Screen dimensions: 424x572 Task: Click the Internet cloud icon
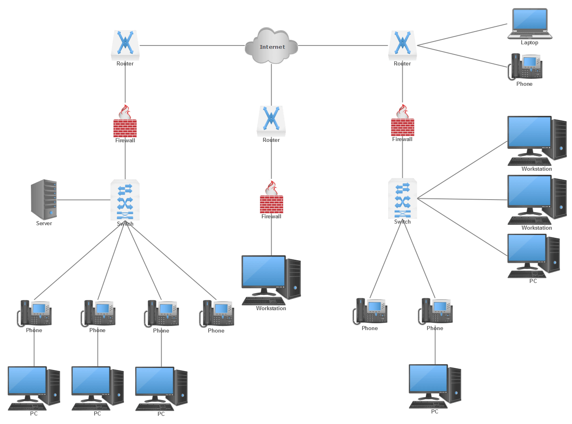tap(271, 46)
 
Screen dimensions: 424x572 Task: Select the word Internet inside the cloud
tap(272, 47)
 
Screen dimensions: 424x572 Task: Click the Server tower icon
tap(44, 199)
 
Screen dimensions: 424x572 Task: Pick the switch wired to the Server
tap(125, 200)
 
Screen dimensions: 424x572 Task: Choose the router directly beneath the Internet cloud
tap(271, 121)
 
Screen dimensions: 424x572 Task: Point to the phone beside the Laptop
tap(525, 67)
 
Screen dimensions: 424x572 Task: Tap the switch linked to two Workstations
tap(402, 199)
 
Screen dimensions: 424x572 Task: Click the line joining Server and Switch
tap(83, 200)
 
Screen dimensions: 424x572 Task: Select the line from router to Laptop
tap(463, 35)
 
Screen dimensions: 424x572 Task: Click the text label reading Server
tap(44, 223)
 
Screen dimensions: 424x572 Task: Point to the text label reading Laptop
tap(529, 43)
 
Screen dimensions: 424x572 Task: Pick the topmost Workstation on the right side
tap(536, 140)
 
